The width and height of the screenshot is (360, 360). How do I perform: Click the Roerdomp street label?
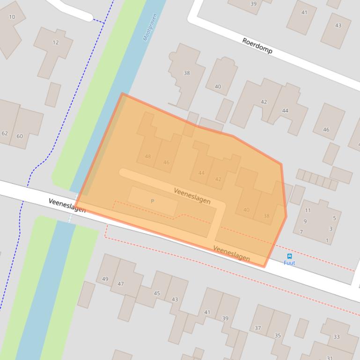click(x=257, y=46)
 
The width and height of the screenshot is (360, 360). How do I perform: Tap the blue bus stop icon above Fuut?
click(x=289, y=256)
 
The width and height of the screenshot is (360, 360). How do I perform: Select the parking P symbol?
click(x=152, y=201)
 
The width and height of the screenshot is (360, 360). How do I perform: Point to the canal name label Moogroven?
click(x=150, y=27)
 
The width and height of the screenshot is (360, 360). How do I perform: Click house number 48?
click(x=148, y=157)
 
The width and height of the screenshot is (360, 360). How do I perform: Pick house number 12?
click(x=56, y=43)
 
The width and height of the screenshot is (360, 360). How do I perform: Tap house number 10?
click(x=12, y=17)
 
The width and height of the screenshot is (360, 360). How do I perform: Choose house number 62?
click(x=5, y=133)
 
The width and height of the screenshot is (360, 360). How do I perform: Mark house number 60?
click(x=20, y=137)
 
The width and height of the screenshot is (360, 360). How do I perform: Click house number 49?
click(x=105, y=279)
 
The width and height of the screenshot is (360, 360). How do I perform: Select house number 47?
click(x=121, y=284)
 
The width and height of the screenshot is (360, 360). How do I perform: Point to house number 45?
click(x=157, y=294)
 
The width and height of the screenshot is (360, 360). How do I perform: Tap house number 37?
click(x=257, y=328)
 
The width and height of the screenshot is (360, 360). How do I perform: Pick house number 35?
click(x=278, y=336)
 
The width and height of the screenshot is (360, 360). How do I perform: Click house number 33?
click(x=337, y=337)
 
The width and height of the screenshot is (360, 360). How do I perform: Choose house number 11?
click(x=308, y=210)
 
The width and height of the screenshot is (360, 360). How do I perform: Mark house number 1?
click(x=327, y=241)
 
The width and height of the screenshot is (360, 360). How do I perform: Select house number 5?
click(x=334, y=218)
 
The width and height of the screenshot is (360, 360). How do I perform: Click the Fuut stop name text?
click(x=289, y=263)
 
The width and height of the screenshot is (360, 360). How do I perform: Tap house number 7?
click(x=301, y=232)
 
